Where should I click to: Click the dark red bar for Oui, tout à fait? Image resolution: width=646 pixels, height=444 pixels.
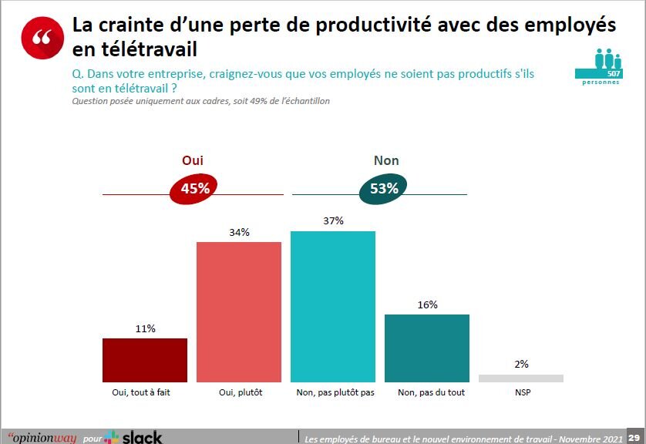click(145, 360)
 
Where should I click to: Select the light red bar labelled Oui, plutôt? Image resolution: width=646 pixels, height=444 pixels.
click(239, 312)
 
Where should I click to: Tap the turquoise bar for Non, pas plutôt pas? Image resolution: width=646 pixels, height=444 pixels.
click(332, 307)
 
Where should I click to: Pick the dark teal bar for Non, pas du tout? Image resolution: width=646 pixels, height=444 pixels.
click(426, 348)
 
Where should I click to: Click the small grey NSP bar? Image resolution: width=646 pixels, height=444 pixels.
click(520, 378)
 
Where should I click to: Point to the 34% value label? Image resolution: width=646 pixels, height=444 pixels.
click(239, 233)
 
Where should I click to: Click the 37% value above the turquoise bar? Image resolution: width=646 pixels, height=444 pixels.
click(333, 221)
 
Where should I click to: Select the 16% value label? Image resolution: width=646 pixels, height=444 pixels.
click(427, 304)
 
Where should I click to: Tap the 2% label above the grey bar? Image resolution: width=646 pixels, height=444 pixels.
click(521, 365)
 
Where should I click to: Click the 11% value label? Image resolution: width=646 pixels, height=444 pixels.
click(145, 329)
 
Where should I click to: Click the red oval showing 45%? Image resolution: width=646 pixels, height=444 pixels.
click(194, 189)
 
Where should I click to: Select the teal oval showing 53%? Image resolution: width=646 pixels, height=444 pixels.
click(382, 189)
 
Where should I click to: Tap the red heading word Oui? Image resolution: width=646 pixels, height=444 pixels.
click(192, 160)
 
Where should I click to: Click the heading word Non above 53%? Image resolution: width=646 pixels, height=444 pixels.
click(386, 160)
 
